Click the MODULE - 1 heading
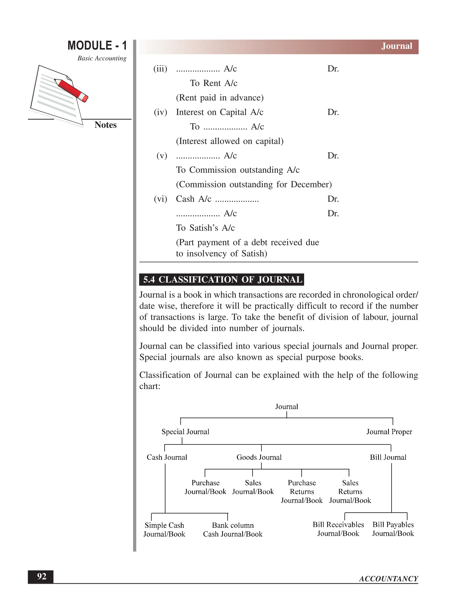97,46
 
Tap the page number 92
42,576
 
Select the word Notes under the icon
105,125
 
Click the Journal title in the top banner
396,46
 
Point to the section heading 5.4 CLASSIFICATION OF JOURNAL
221,280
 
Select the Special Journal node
185,432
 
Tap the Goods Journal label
259,457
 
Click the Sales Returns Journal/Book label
350,492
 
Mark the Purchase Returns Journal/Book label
302,492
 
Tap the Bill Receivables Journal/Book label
338,529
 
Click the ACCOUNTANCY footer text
388,579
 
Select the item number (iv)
160,112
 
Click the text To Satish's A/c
205,228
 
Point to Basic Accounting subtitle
102,58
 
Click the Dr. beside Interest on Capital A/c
333,112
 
